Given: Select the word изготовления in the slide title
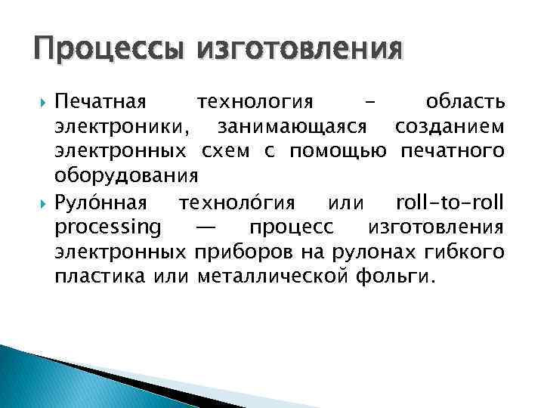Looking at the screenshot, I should point(299,51).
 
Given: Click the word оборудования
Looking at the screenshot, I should point(126,176).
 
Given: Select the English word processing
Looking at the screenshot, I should point(107,227).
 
